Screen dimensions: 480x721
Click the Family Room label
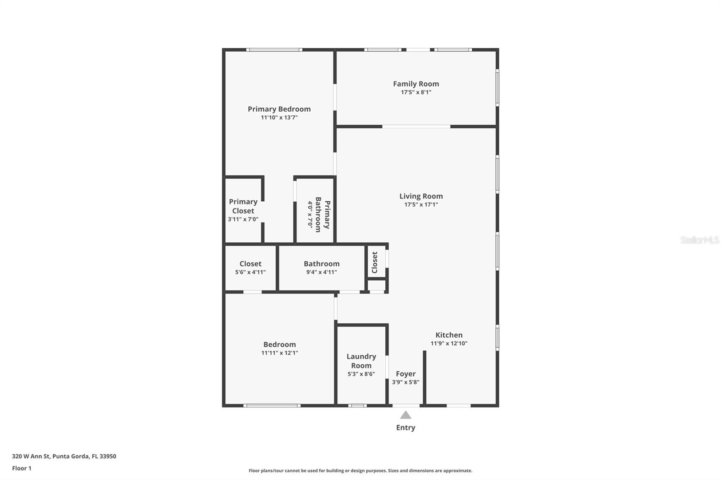(x=415, y=84)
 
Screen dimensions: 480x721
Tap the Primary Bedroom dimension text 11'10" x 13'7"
(x=279, y=118)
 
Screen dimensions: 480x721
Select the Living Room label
(x=421, y=196)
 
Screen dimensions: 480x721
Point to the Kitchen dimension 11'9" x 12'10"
(x=449, y=343)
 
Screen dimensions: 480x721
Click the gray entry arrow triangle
(x=406, y=415)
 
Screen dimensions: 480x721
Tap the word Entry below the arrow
(x=406, y=428)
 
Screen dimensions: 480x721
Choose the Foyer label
(x=406, y=374)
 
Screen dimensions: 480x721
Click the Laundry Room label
(x=361, y=361)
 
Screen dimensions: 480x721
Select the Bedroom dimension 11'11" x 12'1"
(x=279, y=353)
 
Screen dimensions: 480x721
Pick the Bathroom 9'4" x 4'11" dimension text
(x=321, y=272)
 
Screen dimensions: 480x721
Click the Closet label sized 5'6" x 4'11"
(x=250, y=264)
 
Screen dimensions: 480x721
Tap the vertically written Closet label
(x=374, y=262)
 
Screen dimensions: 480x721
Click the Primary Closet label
(x=243, y=206)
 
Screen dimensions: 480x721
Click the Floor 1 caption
(x=22, y=468)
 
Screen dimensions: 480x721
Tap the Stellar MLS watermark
(x=699, y=240)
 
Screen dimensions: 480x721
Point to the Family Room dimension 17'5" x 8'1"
(x=416, y=92)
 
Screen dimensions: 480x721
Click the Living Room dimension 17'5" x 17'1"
(x=421, y=204)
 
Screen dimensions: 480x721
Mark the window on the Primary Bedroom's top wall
(x=274, y=50)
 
